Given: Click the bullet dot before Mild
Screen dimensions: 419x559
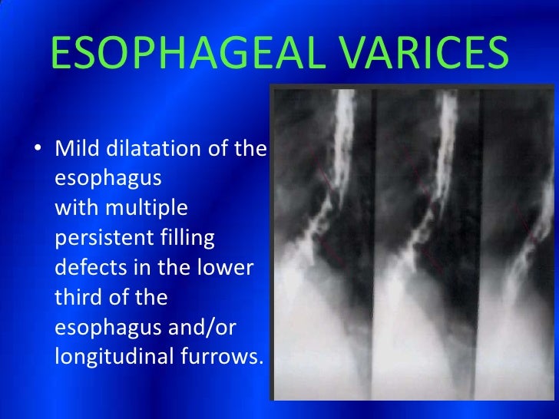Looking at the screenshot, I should (38, 150).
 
